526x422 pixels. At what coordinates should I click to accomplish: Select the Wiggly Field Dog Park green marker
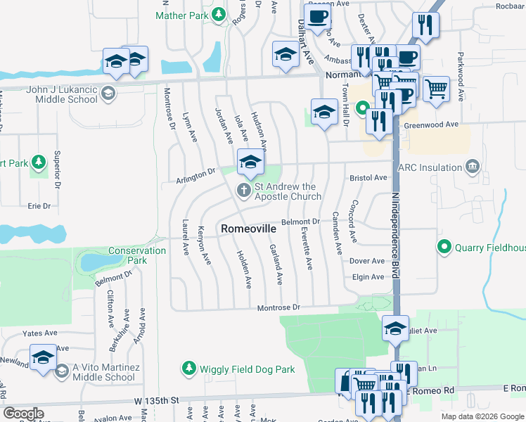[188, 368]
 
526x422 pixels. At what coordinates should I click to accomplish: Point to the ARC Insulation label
[430, 167]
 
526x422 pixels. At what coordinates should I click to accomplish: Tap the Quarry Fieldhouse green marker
[444, 247]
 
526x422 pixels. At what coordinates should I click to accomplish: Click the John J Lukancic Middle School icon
[108, 94]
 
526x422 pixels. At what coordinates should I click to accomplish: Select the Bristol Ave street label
[369, 178]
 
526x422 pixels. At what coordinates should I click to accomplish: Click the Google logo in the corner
[23, 414]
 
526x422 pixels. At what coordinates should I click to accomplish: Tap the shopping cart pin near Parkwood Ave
[437, 89]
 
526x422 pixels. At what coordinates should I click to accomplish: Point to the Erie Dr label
[39, 206]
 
